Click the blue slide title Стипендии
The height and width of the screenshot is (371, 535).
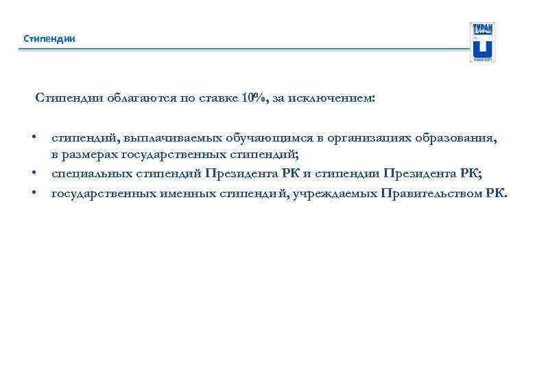[49, 38]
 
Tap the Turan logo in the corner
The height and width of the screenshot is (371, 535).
[482, 42]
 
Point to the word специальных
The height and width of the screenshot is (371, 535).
[90, 175]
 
